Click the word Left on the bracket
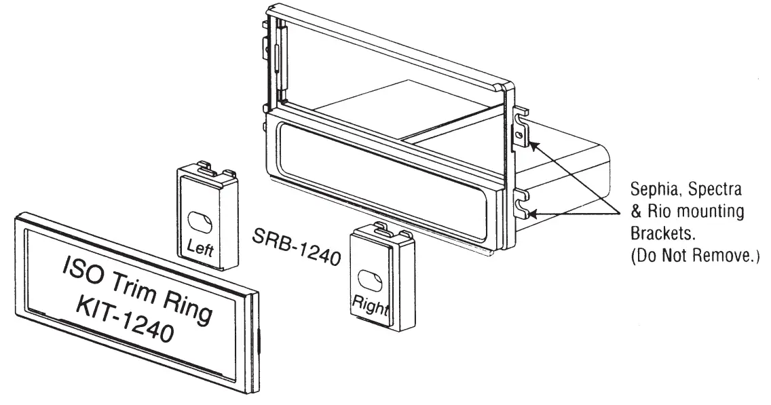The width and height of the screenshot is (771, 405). tap(200, 249)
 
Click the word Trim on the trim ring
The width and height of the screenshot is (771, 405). tap(139, 282)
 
